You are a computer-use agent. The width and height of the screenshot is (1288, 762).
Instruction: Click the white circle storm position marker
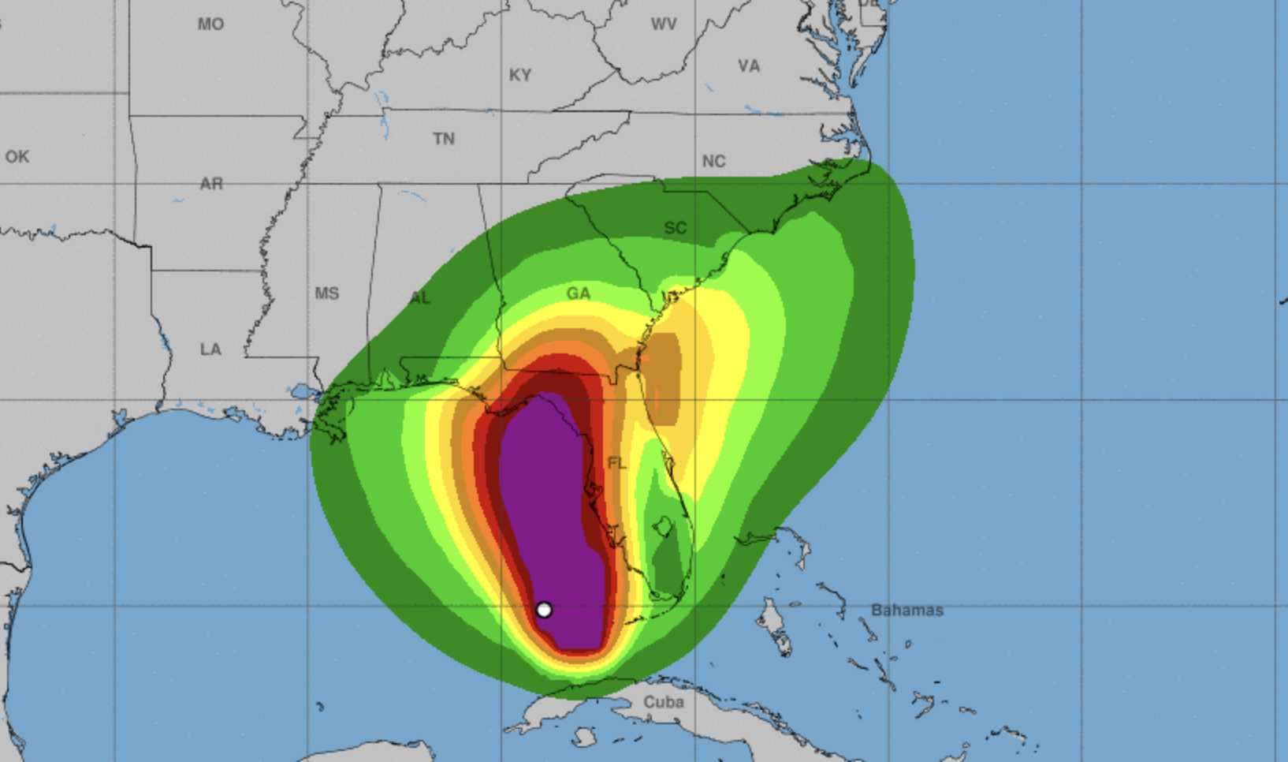coord(544,610)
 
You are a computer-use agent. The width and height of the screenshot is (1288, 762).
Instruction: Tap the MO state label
coord(210,24)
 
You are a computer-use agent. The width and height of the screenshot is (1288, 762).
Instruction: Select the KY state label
coord(520,75)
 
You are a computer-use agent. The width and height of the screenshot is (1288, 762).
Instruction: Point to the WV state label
coord(664,24)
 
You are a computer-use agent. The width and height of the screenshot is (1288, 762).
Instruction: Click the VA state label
coord(749,66)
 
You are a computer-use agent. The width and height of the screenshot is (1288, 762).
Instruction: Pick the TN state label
coord(444,139)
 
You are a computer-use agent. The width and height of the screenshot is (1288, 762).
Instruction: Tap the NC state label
coord(713,162)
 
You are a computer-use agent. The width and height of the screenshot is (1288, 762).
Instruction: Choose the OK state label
coord(17,156)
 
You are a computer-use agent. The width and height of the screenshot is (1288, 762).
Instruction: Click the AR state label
coord(211,184)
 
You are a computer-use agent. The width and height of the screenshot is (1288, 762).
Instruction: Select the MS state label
coord(327,293)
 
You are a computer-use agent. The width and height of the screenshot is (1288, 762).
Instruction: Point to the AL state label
coord(420,298)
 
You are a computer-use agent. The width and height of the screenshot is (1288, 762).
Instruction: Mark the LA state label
coord(210,349)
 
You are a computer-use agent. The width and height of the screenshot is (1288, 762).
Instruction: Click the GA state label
coord(578,293)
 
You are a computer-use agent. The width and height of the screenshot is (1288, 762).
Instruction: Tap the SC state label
coord(675,228)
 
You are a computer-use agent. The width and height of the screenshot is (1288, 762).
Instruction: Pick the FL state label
coord(616,462)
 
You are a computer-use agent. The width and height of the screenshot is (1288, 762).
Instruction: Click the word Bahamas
coord(907,610)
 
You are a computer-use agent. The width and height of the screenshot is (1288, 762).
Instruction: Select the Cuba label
coord(664,701)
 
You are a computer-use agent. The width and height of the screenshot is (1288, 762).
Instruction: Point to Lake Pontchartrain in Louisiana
coord(301,391)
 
